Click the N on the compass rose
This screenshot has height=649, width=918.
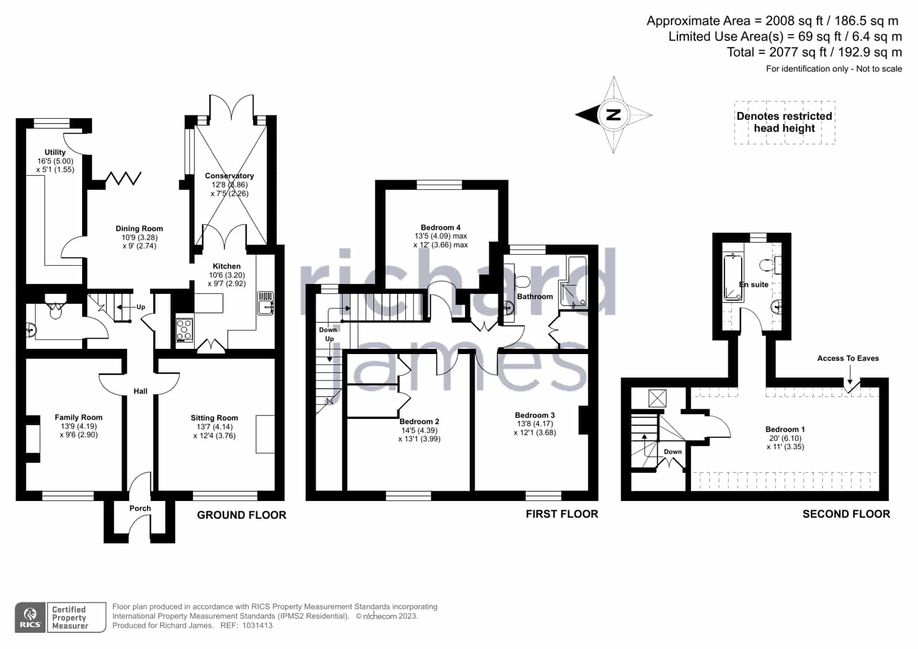click(613, 115)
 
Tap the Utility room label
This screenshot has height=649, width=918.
click(55, 152)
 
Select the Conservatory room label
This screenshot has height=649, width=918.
click(230, 176)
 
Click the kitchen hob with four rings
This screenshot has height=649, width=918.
click(184, 330)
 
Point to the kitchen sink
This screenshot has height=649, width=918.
click(265, 303)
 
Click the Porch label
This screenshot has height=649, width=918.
click(140, 508)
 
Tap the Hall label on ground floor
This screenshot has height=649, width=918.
click(140, 391)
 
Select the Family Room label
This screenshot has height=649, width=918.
click(79, 418)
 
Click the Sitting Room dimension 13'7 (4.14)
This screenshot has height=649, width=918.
click(214, 427)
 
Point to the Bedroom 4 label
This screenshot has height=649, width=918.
click(440, 227)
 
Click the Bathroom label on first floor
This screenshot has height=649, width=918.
click(535, 297)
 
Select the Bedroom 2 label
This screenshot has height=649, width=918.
click(419, 422)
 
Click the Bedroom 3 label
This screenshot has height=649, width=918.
click(535, 415)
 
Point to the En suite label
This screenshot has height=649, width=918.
click(754, 285)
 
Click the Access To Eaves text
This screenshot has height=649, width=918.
click(848, 359)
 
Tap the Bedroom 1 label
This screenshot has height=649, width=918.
click(785, 429)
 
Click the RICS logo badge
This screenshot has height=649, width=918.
click(30, 617)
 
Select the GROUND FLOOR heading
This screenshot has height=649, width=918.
click(242, 515)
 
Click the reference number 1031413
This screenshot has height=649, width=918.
click(257, 625)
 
